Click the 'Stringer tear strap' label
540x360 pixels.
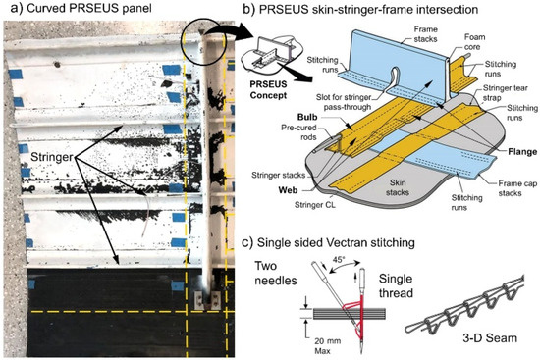(x=497, y=96)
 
